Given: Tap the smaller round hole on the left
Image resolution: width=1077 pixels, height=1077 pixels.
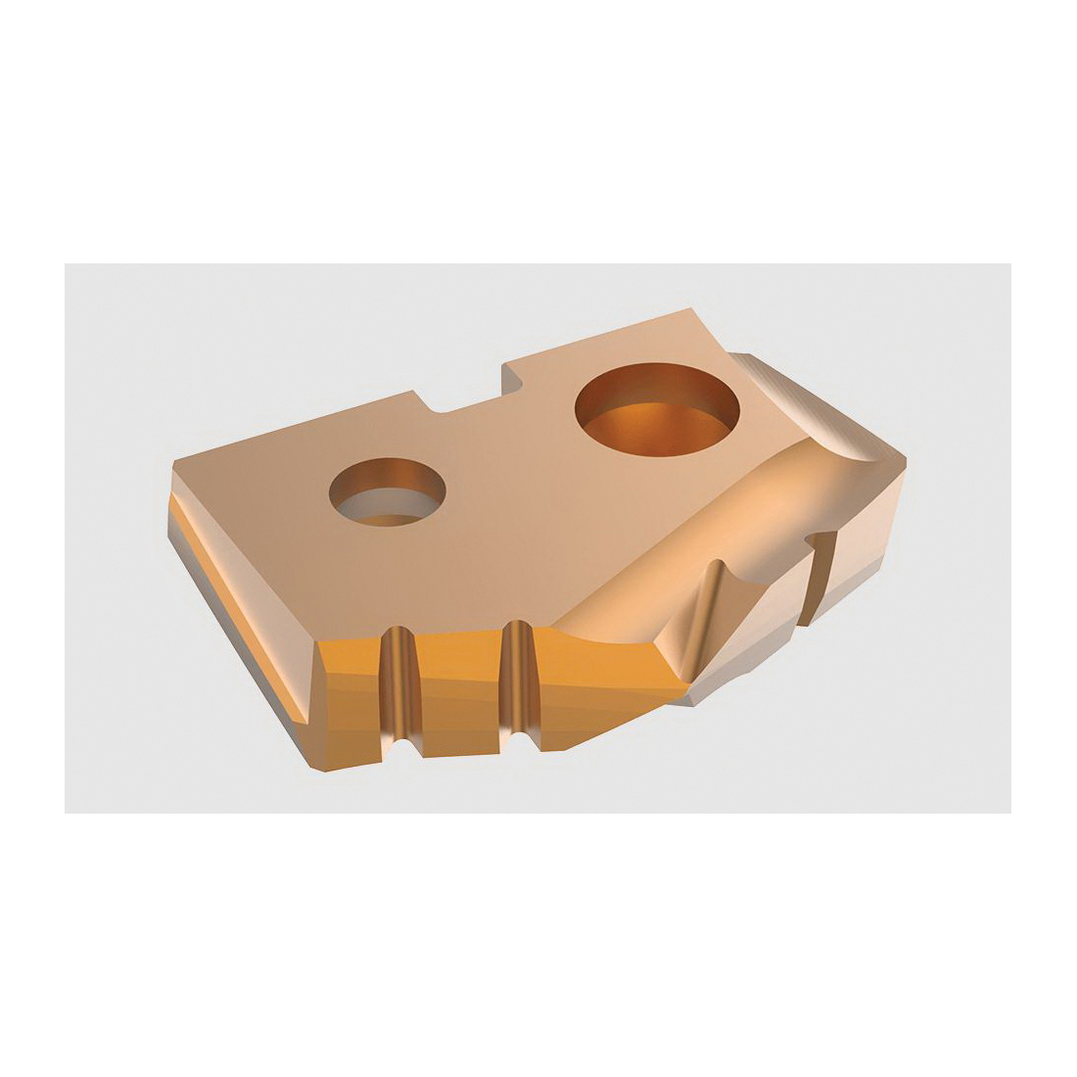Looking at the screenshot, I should [x=388, y=492].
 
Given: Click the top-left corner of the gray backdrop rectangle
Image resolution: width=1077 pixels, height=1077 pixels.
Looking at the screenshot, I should [x=66, y=264].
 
